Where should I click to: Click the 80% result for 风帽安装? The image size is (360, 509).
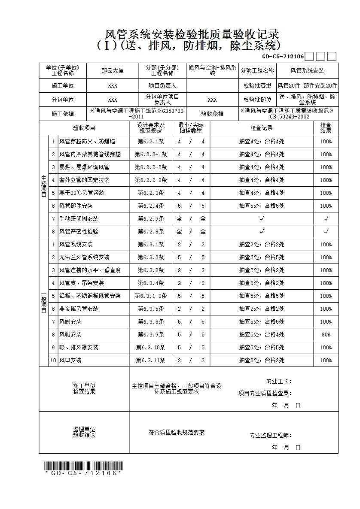pos(326,334)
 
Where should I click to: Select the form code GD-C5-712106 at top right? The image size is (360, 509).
pos(283,56)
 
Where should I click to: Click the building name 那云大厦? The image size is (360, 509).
pos(113,71)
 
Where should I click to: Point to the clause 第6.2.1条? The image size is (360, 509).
pos(150,141)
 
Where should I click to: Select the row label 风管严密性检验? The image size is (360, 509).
pos(79,231)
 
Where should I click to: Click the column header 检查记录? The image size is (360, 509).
pos(262,128)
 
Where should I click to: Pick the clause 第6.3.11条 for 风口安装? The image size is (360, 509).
pos(150,360)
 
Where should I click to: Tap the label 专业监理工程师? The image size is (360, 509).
pos(271,435)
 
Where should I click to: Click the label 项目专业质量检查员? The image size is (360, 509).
pos(265,393)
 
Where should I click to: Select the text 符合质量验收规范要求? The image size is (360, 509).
pos(176,432)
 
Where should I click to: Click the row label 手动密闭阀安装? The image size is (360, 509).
pos(79,218)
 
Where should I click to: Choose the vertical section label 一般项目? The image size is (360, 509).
pos(43,302)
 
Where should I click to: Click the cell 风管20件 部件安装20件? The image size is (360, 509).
pos(307,85)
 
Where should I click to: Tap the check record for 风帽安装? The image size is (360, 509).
pos(262,334)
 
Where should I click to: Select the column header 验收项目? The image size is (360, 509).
pos(84,128)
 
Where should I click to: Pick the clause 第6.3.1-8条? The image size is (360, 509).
pos(150,296)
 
